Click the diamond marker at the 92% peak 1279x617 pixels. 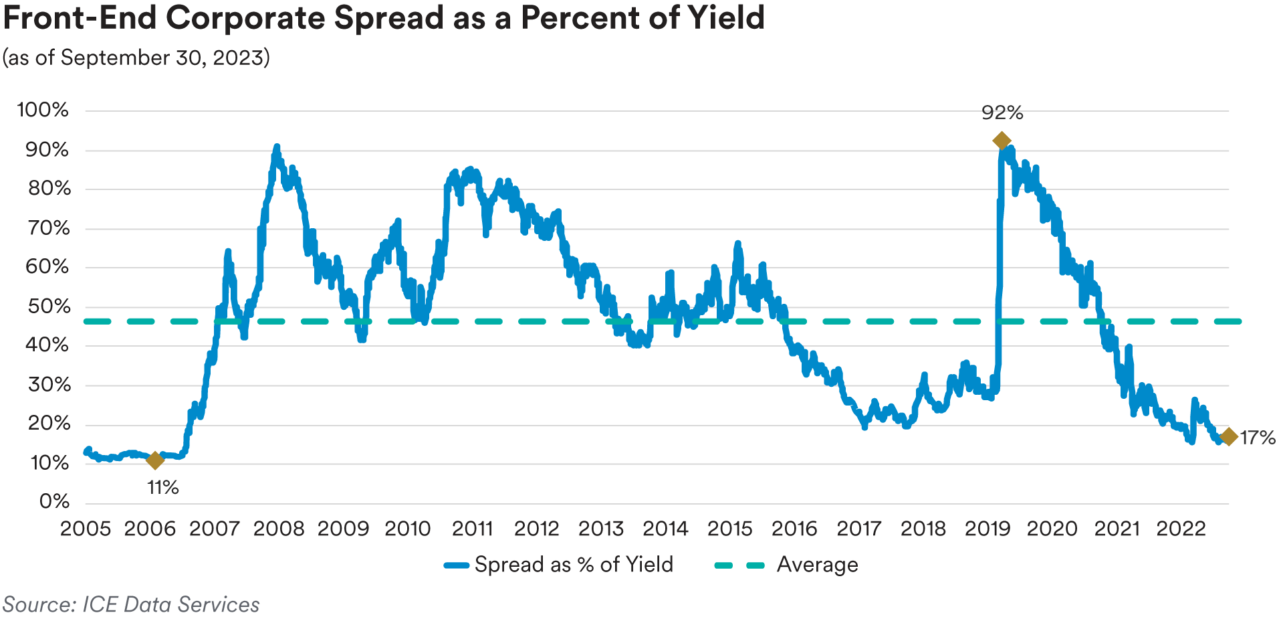point(1001,141)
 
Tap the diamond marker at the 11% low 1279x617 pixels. point(154,460)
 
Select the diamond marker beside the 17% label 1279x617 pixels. point(1228,437)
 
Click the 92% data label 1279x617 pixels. point(1002,112)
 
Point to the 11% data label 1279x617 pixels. point(163,488)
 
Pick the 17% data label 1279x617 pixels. point(1258,438)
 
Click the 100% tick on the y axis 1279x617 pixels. point(43,110)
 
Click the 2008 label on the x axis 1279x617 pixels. point(279,529)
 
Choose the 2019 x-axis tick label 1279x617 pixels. point(987,529)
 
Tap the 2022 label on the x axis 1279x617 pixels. point(1181,529)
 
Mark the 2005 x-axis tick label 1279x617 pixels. point(86,529)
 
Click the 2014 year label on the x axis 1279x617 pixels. point(665,529)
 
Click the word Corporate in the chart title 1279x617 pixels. point(245,18)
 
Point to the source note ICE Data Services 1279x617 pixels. point(170,604)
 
